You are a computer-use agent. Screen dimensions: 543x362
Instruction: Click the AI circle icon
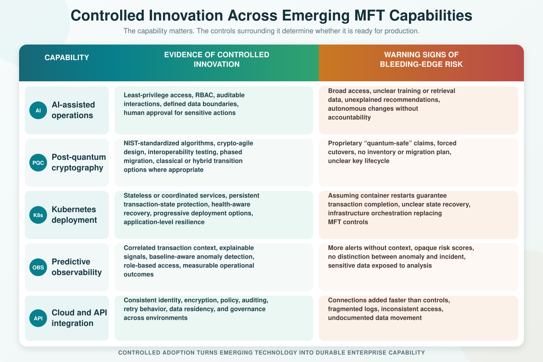(x=38, y=110)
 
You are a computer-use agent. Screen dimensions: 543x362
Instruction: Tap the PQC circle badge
(x=38, y=163)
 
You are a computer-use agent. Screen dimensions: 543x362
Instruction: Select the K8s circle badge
(x=38, y=215)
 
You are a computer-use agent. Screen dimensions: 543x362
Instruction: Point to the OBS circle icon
(x=38, y=268)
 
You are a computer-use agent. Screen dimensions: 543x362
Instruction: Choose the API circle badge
(x=38, y=319)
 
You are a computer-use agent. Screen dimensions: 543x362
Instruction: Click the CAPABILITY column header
(x=67, y=58)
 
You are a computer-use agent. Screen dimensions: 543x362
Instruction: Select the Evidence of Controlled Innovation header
(x=217, y=59)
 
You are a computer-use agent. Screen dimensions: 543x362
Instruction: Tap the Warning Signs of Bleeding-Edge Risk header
(x=421, y=59)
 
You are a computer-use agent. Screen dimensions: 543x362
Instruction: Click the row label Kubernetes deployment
(x=74, y=215)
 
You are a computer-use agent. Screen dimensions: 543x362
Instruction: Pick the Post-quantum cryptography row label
(x=79, y=162)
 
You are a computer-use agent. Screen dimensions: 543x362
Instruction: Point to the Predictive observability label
(x=77, y=267)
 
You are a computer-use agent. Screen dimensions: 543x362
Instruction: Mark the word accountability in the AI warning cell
(x=349, y=117)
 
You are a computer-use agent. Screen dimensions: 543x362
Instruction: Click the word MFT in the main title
(x=369, y=16)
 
